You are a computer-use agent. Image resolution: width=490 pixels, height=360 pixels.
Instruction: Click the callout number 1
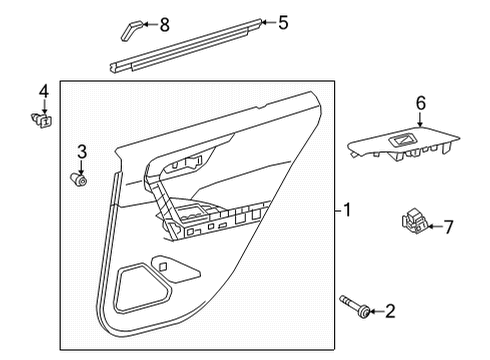tap(346, 210)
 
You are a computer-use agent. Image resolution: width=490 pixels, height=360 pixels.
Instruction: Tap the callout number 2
tap(389, 313)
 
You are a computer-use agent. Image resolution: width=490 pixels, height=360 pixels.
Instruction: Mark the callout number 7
tap(448, 227)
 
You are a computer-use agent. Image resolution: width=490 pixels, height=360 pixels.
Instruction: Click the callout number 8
tap(165, 22)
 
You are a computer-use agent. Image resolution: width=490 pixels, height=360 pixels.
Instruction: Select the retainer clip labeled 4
tap(44, 122)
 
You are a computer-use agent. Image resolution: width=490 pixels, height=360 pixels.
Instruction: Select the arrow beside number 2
tap(374, 313)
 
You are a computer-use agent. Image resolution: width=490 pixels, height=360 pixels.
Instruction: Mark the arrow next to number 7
tap(433, 227)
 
